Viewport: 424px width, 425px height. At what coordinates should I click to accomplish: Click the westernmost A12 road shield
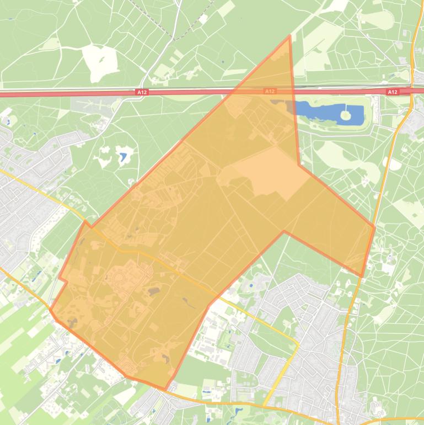coord(142,92)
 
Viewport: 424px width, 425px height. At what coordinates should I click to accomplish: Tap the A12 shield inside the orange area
coord(269,91)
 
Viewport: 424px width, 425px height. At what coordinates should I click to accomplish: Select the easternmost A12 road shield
coord(392,92)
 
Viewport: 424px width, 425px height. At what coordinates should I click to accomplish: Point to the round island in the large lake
coord(346,115)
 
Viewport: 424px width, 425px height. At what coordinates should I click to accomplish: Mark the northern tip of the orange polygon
coord(289,36)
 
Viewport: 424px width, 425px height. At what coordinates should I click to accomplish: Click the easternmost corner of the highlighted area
coord(375,227)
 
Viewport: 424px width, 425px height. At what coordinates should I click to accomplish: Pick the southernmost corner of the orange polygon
coord(165,390)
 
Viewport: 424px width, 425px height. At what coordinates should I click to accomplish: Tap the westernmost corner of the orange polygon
coord(50,310)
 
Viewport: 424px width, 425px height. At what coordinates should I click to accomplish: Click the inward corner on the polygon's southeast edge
coord(284,231)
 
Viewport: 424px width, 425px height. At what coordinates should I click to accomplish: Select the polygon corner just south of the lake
coord(299,164)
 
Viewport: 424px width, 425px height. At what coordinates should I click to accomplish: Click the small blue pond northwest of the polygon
coord(122,157)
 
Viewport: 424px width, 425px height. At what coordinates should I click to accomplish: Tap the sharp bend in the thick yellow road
coord(298,344)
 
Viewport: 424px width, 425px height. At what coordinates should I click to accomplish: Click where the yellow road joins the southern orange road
coord(264,407)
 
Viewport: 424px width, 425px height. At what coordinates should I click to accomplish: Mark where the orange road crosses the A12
coord(412,91)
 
